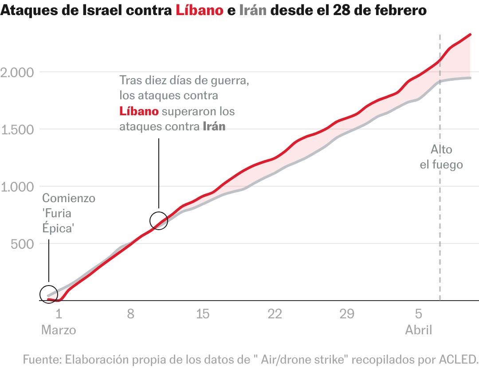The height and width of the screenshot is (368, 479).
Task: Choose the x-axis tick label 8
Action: click(130, 314)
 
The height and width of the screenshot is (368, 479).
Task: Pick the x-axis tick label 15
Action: click(203, 314)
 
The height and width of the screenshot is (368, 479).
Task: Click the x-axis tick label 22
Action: click(275, 314)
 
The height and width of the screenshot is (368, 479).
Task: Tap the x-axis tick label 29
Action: click(347, 314)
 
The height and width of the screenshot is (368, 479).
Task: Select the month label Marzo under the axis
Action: click(59, 330)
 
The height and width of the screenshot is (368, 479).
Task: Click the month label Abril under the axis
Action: click(418, 330)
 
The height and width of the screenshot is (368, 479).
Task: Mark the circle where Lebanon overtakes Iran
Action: click(159, 220)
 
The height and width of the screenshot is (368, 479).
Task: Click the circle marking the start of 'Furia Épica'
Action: click(49, 294)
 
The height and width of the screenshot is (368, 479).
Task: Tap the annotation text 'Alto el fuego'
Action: click(441, 157)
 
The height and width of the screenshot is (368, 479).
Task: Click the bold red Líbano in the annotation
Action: click(139, 111)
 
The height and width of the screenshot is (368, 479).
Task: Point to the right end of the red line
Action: click(470, 35)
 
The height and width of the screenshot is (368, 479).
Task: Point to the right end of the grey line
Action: click(470, 78)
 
